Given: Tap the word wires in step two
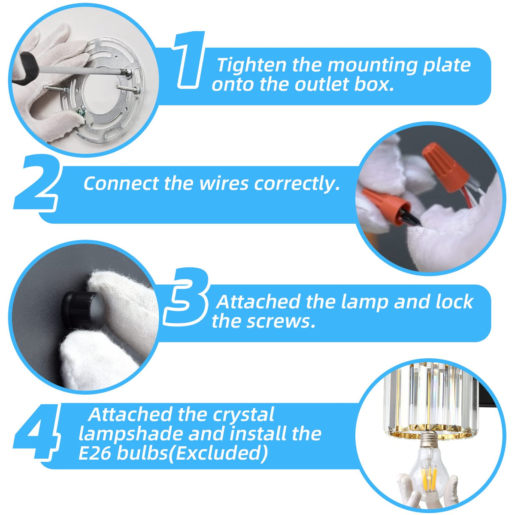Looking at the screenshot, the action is (x=224, y=184).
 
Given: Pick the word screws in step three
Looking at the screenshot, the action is (x=281, y=321).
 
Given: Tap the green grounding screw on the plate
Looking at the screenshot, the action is (x=79, y=112).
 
